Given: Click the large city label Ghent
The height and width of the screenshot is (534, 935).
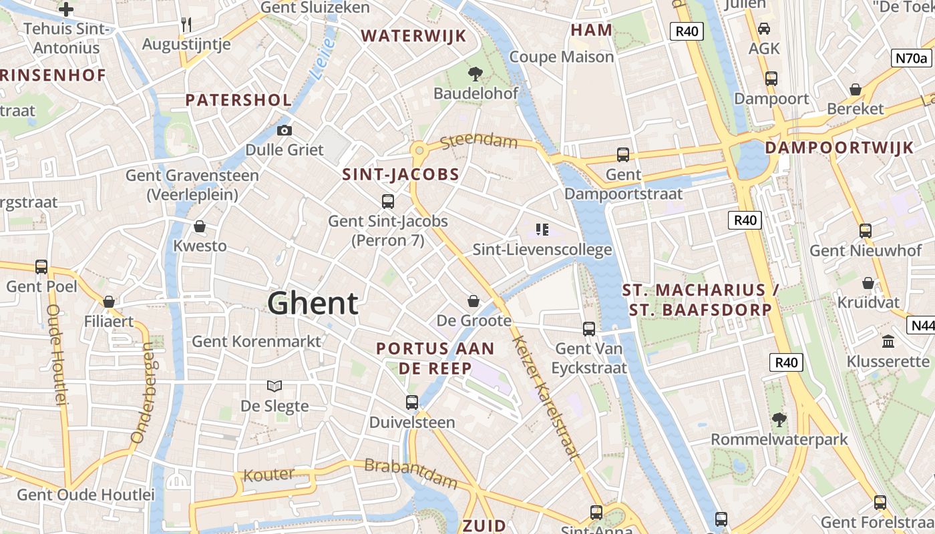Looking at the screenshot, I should click(313, 304).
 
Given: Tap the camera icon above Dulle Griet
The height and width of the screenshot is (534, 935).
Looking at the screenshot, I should click(285, 130).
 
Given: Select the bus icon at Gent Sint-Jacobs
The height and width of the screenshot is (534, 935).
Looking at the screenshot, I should click(387, 201).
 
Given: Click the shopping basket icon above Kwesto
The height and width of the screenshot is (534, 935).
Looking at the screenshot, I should click(199, 227).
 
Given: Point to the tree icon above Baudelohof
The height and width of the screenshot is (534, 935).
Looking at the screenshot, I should click(476, 74).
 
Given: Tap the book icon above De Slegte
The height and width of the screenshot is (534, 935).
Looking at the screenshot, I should click(274, 386).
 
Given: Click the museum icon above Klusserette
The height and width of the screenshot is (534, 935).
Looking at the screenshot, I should click(888, 342).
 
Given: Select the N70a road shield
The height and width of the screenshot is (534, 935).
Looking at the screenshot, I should click(911, 58).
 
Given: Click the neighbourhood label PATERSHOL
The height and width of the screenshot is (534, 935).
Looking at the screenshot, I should click(238, 101).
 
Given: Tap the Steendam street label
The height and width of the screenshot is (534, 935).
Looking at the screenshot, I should click(479, 141).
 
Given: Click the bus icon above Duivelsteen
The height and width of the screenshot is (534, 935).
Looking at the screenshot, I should click(412, 403).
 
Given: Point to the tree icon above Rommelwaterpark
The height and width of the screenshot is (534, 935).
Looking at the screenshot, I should click(779, 420).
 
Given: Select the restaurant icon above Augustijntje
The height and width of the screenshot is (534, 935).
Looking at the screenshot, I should click(186, 25).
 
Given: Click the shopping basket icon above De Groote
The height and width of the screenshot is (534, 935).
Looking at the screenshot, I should click(474, 301).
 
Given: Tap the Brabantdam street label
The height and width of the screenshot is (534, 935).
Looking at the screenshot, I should click(411, 473).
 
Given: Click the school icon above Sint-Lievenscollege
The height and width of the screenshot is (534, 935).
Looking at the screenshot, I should click(542, 230).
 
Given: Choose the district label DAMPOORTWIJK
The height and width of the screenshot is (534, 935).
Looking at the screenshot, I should click(839, 148).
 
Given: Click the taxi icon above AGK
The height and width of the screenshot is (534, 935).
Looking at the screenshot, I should click(763, 29).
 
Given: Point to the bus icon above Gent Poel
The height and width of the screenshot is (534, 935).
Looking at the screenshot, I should click(41, 267).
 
